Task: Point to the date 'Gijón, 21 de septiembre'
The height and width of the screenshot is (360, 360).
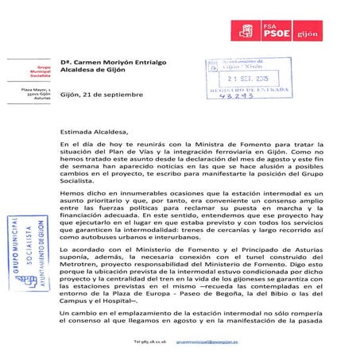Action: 101,95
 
